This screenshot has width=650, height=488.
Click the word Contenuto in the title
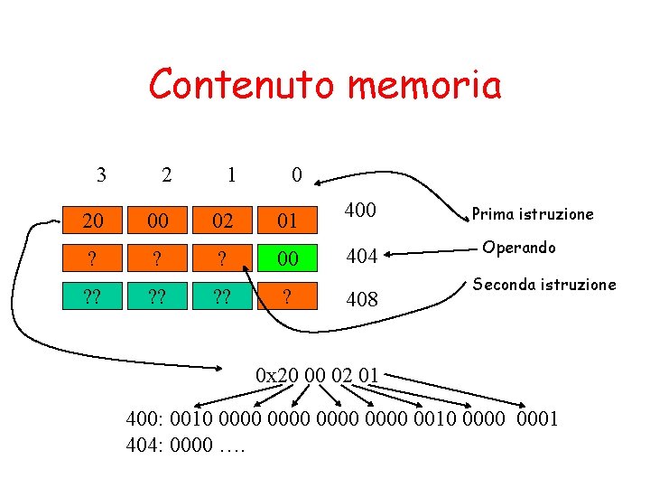pos(241,85)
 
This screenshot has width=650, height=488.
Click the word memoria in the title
pos(423,85)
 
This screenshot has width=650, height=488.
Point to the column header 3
pos(101,174)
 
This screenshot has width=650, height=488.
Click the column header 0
pos(297,174)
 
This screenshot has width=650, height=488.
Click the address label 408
pos(361,298)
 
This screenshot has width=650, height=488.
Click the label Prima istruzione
pos(533,214)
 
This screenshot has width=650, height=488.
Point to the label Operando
pos(519,248)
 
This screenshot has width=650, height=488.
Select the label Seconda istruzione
pos(543,284)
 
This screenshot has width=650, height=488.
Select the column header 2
pos(166,174)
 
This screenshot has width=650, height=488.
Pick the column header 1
pos(231,174)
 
